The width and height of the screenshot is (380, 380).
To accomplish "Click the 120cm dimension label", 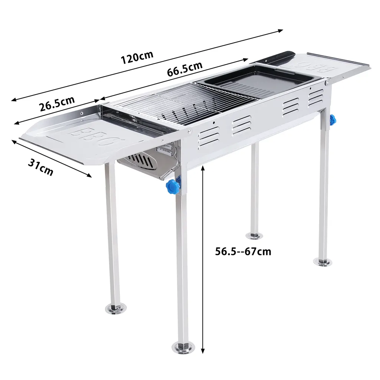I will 137,58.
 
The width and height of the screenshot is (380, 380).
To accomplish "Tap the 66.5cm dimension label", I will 184,68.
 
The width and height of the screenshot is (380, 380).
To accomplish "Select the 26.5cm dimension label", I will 57,104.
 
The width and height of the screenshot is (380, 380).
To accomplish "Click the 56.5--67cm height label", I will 243,252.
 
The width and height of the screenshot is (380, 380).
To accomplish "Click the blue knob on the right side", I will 333,119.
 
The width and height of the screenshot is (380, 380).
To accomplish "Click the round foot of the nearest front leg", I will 183,347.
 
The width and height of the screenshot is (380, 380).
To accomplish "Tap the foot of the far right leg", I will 322,262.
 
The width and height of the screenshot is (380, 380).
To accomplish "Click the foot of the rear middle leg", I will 255,235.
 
